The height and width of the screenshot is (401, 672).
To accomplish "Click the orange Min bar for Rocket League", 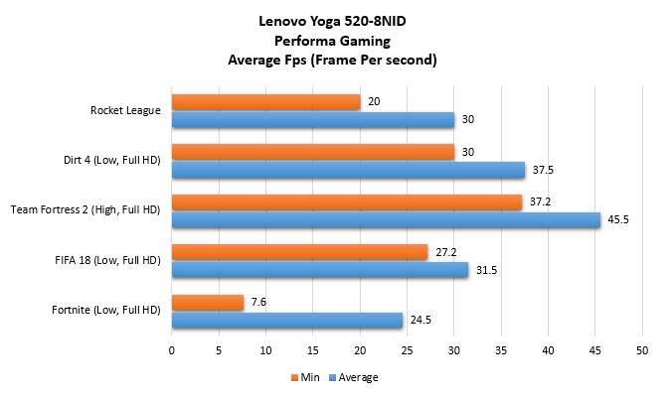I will (265, 102).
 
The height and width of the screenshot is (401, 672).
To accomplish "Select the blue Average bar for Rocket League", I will (313, 119).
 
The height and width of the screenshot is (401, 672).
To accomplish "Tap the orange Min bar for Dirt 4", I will (313, 152).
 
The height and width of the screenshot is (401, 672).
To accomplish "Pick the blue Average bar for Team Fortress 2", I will (386, 219).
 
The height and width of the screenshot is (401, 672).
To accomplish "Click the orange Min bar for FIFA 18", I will (299, 252).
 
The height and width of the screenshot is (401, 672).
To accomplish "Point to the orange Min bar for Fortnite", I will (208, 303).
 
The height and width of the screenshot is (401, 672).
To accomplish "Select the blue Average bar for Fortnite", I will (287, 320).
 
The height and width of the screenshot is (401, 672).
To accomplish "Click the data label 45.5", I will (618, 219).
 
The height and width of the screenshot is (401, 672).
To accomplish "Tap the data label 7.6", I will (260, 303).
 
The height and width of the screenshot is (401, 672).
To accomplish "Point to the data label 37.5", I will (543, 170).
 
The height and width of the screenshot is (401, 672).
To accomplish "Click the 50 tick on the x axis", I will (642, 350).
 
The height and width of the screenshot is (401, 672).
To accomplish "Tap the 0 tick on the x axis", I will (172, 350).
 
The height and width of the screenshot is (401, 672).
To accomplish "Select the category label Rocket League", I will (125, 110).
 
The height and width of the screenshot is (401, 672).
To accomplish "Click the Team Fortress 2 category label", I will (85, 210).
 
